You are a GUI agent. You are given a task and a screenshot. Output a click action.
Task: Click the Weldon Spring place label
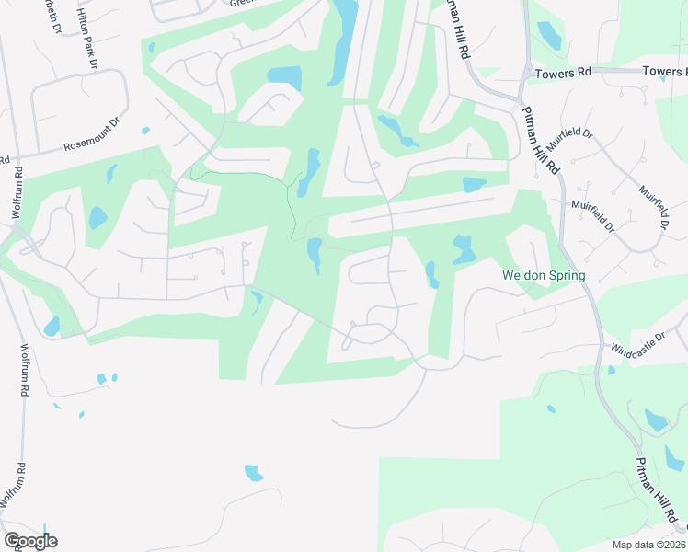click(544, 275)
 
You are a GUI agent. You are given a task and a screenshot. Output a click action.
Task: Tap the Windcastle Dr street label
click(636, 346)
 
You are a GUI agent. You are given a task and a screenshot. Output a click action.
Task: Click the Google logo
click(30, 541)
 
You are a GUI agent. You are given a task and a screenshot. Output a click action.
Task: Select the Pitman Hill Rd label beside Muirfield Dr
click(542, 144)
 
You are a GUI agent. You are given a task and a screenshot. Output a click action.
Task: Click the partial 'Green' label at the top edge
click(241, 3)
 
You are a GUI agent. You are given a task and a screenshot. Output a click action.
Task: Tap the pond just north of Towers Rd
click(549, 35)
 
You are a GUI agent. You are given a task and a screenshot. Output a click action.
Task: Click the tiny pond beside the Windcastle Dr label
click(612, 371)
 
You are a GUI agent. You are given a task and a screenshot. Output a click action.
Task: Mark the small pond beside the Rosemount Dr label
click(145, 131)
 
